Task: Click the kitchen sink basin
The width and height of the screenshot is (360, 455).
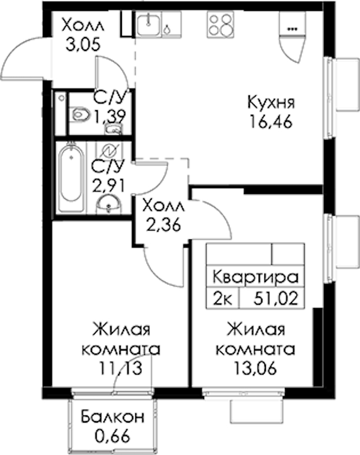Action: pyautogui.click(x=149, y=24)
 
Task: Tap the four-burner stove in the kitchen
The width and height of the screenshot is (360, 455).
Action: pyautogui.click(x=221, y=24)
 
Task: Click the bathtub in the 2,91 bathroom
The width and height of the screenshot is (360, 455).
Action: pyautogui.click(x=71, y=177)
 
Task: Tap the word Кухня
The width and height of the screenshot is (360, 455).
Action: pyautogui.click(x=271, y=103)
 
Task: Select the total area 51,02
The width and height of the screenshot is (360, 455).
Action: pyautogui.click(x=276, y=299)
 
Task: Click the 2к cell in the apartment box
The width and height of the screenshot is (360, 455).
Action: pyautogui.click(x=223, y=299)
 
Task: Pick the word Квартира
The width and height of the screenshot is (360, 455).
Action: pyautogui.click(x=256, y=277)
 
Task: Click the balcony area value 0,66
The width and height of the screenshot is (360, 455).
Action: pyautogui.click(x=112, y=436)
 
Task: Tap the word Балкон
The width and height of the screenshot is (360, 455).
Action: pyautogui.click(x=112, y=417)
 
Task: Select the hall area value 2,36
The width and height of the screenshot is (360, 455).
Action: pyautogui.click(x=164, y=225)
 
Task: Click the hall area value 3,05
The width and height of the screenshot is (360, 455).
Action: pyautogui.click(x=83, y=45)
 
